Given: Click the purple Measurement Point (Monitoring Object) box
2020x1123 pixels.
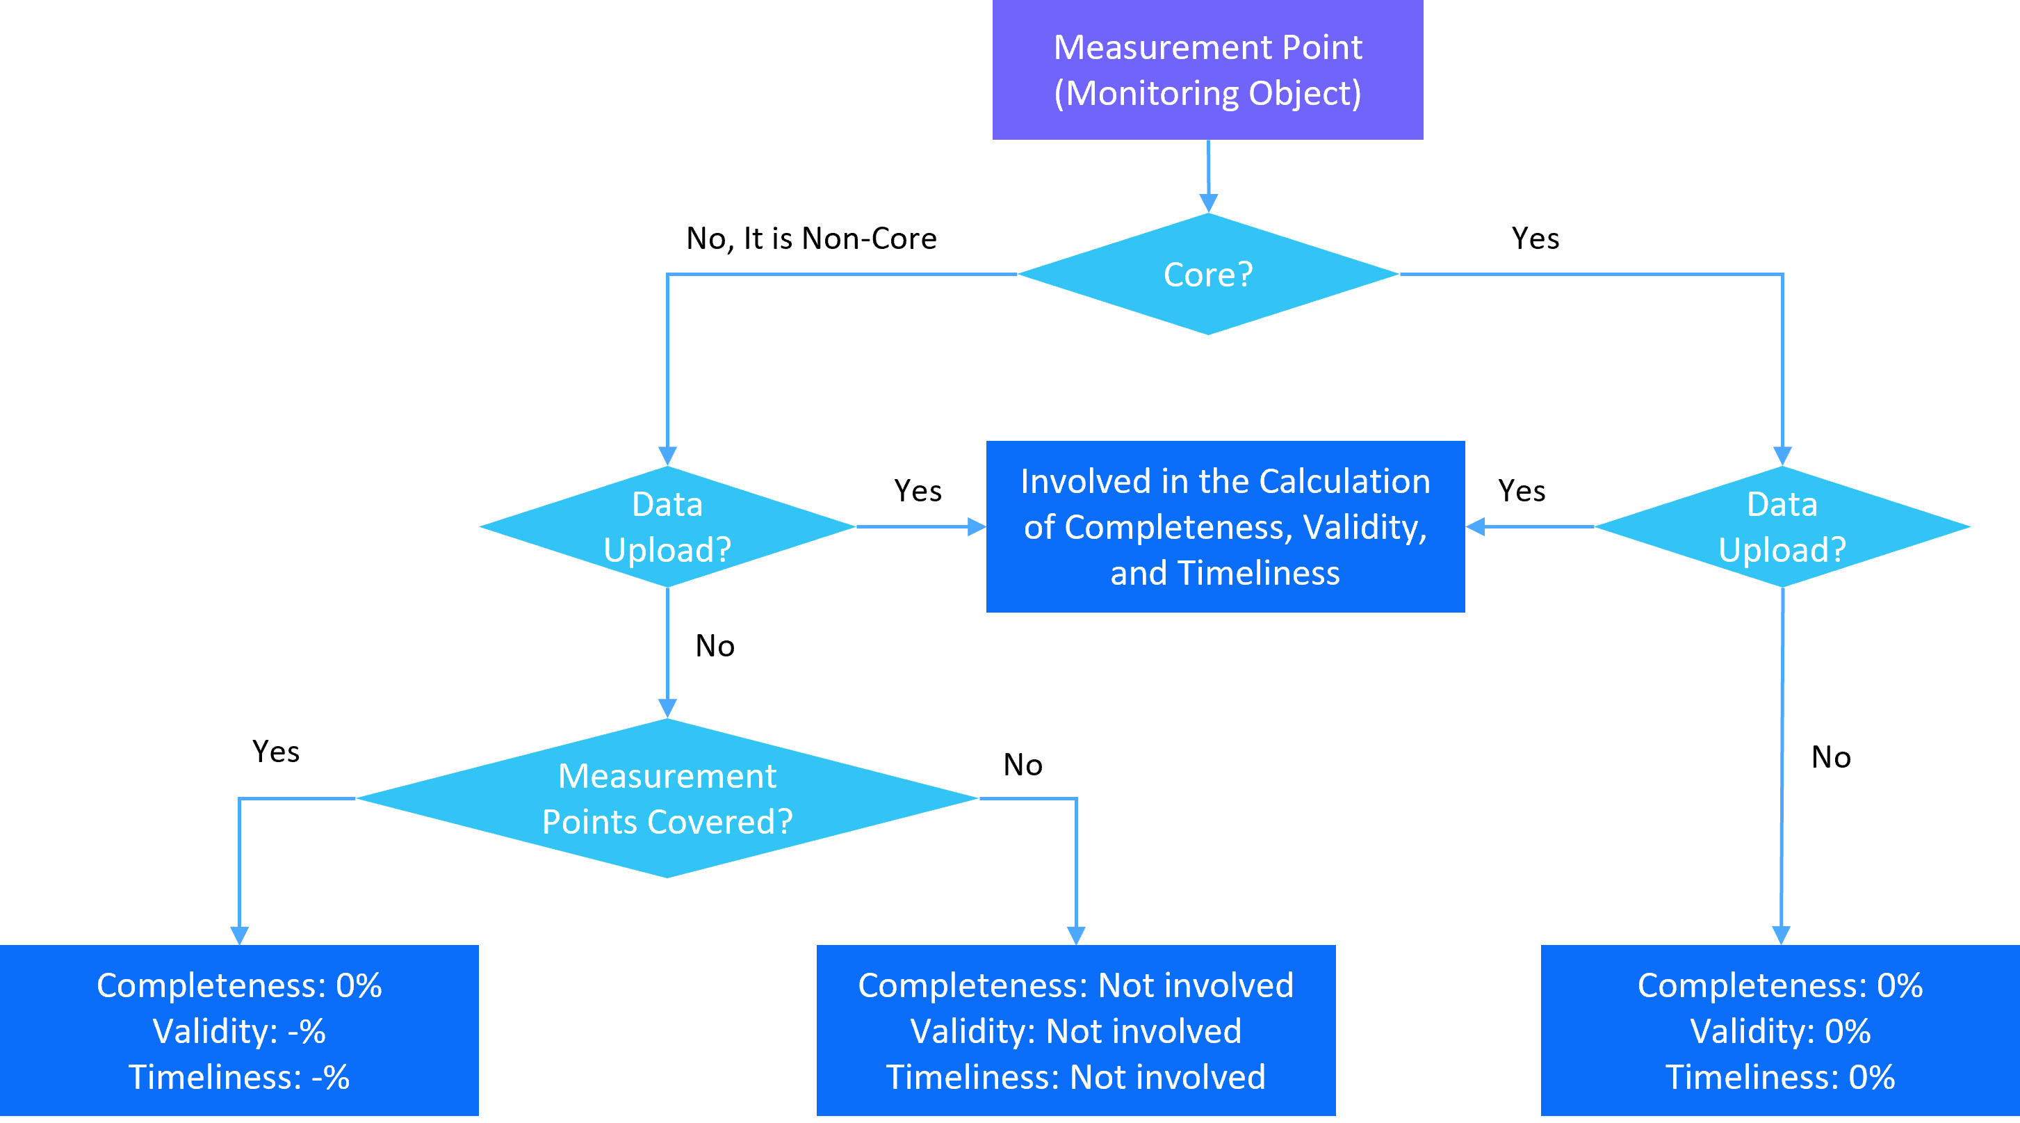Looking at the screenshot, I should pos(1207,70).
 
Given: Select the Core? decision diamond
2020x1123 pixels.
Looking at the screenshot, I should pos(1207,275).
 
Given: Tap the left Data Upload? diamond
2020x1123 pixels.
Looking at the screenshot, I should pos(667,526).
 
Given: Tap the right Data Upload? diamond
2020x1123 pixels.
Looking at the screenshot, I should pos(1782,526).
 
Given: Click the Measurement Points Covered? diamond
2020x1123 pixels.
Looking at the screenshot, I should pos(667,798).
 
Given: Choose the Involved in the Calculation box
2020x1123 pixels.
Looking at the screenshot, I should pos(1225,526).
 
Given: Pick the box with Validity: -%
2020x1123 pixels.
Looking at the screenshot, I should pos(239,1031).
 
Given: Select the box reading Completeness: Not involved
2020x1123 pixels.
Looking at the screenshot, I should pos(1076,1031).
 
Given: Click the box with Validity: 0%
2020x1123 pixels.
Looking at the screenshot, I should pos(1780,1031).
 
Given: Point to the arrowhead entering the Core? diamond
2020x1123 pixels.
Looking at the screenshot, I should pos(1208,203).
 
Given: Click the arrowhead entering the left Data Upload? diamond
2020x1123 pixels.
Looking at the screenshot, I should pos(667,456).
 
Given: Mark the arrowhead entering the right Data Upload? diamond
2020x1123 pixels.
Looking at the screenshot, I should pos(1782,456).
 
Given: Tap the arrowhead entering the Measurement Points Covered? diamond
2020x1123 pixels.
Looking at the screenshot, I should pos(667,708).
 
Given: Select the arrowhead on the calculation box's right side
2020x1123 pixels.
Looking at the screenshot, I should pos(1475,526).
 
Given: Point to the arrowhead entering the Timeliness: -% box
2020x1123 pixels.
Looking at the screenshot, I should pos(239,935).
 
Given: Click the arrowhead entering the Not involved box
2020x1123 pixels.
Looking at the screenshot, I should pos(1077,935).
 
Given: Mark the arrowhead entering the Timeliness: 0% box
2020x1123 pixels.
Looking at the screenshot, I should pos(1782,935).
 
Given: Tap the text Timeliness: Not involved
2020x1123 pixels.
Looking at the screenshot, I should pos(1076,1076).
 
